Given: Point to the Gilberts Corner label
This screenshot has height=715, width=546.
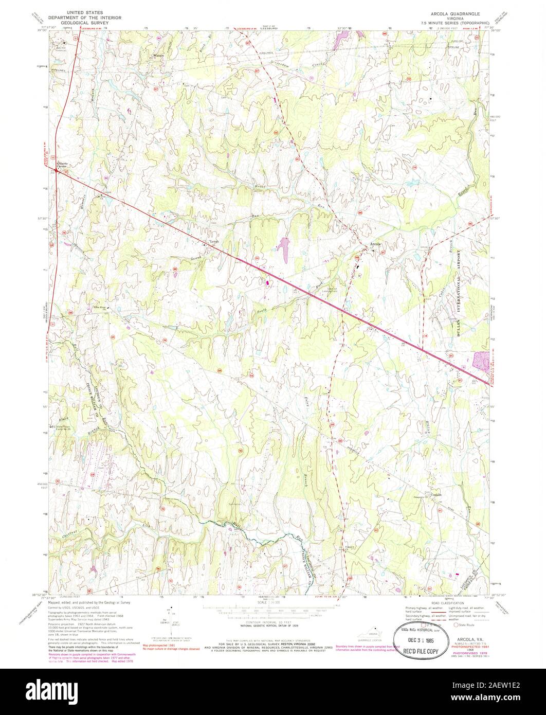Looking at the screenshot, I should [62, 166].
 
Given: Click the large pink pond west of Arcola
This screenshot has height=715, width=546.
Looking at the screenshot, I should [283, 247].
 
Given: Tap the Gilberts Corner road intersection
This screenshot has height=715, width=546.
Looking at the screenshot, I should [57, 172].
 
